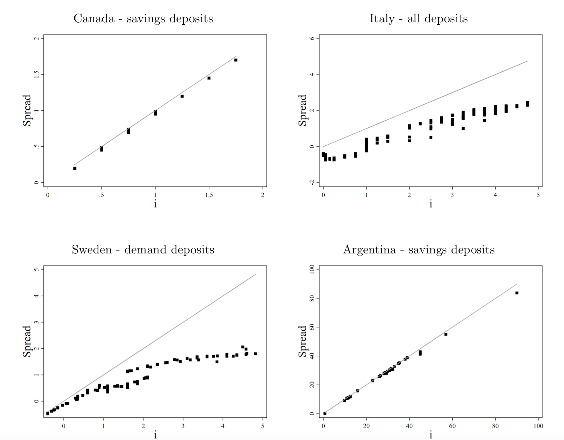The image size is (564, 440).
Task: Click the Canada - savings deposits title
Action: coord(143,19)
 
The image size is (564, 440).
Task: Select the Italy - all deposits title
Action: coord(418,19)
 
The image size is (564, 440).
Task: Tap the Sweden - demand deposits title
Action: coord(143,250)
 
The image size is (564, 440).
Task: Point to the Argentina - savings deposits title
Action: coord(419,250)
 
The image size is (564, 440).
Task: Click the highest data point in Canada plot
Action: coord(236,60)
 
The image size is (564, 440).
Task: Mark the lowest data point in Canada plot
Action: coord(75,168)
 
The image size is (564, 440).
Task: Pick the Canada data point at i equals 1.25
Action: coord(182,96)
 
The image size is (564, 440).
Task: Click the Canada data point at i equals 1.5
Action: coord(209,78)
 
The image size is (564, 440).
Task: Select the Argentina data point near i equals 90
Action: coord(517,293)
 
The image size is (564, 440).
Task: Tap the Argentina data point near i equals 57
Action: coord(446,334)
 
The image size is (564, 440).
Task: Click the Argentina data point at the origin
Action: coord(325,414)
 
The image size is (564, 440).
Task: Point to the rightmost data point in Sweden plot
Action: coord(256,354)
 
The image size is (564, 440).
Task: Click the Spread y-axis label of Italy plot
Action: coord(302,110)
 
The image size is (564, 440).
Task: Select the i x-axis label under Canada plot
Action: coord(155,204)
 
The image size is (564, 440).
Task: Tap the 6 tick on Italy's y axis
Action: coord(312,38)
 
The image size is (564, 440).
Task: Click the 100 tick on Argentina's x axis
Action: coord(538,426)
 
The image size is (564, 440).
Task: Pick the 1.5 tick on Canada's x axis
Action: coord(209,195)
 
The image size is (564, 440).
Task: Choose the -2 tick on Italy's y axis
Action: coord(312,182)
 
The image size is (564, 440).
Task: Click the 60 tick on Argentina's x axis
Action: coord(452,426)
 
